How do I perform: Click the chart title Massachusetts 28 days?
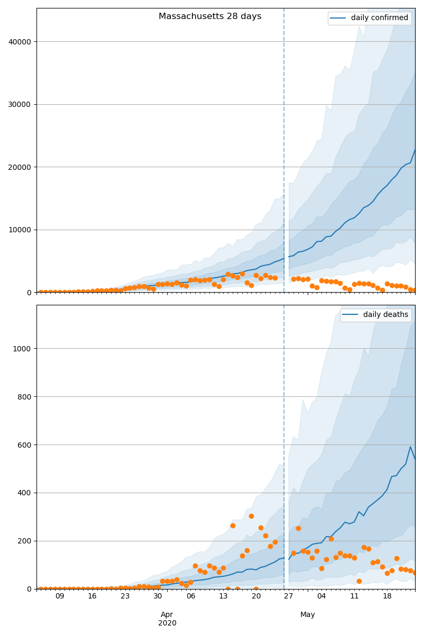[x=210, y=16]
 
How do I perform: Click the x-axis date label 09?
[x=60, y=596]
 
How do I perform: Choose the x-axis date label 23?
[x=125, y=596]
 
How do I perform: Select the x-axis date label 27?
[x=289, y=596]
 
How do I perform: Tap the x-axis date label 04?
[x=321, y=596]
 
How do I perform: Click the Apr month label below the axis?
[x=167, y=614]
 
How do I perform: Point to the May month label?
[x=308, y=614]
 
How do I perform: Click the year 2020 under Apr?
[x=167, y=623]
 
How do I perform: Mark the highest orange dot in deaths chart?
[x=252, y=516]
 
